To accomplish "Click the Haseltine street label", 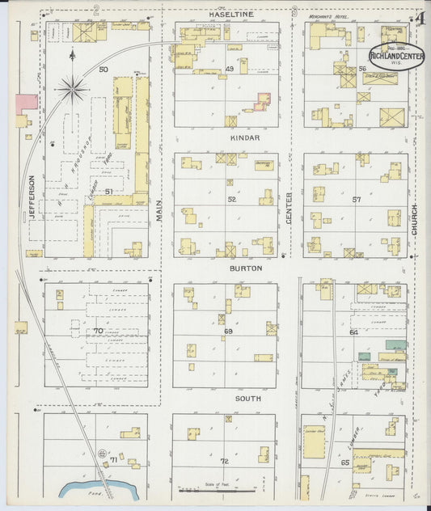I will point(231,15).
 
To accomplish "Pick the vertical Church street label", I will point(414,219).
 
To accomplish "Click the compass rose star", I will point(73,88).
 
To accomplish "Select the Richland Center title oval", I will point(398,55).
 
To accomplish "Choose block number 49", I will point(230,69).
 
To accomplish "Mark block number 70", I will point(99,331).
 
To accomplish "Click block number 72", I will point(224,461).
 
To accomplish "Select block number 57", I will point(356,199).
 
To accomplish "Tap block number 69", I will point(228,332).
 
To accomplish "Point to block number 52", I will point(232,199).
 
